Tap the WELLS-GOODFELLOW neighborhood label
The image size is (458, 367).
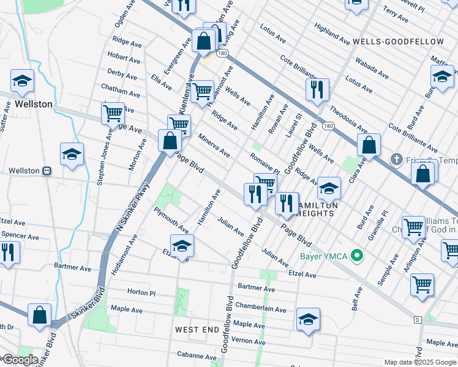tap(398, 42)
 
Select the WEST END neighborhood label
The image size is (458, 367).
tap(197, 330)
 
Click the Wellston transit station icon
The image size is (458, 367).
tap(47, 171)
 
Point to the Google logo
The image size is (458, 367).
tap(20, 360)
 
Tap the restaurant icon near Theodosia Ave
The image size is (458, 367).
tap(317, 89)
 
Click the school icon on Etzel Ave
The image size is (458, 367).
tap(182, 245)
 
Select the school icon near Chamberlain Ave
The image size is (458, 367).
tap(308, 319)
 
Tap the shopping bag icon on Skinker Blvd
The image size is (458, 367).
tap(40, 316)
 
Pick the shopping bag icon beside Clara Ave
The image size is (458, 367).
tap(369, 145)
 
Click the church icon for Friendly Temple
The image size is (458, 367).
tap(397, 160)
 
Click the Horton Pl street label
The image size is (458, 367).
tap(141, 292)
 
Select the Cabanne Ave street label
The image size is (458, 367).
tap(197, 357)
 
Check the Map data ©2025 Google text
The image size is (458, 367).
tap(419, 362)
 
